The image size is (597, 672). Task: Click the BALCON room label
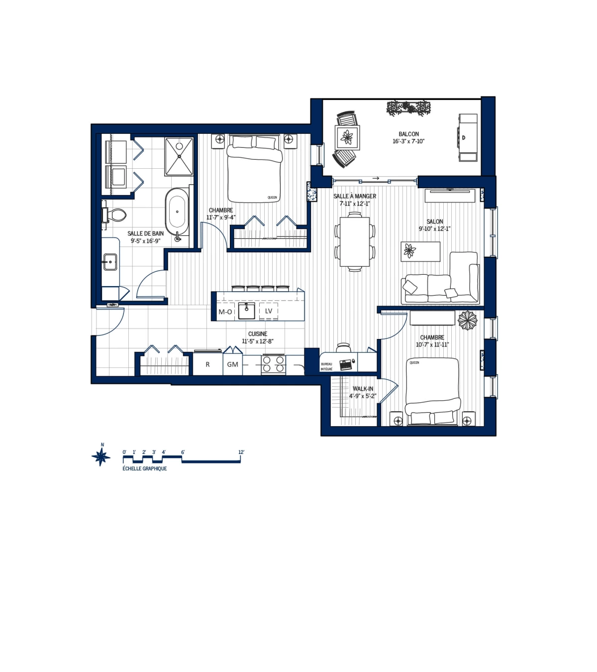tap(408, 134)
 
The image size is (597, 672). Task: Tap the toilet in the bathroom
tap(115, 215)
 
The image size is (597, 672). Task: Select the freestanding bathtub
tap(177, 212)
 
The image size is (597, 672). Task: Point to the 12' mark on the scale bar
tap(241, 452)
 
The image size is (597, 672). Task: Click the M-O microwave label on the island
tap(225, 312)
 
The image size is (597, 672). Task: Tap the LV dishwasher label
tap(269, 311)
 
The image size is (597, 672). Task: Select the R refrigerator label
tap(207, 365)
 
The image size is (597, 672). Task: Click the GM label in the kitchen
tap(232, 365)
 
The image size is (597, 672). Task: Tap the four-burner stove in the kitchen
tap(274, 364)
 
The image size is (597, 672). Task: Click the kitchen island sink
tap(246, 311)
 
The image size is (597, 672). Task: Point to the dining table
tap(355, 241)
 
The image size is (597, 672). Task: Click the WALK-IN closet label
tap(363, 389)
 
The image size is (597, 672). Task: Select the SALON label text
tap(434, 222)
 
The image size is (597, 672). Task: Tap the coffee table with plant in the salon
tap(420, 251)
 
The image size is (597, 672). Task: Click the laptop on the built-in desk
tap(345, 364)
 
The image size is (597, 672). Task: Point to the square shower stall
tap(179, 156)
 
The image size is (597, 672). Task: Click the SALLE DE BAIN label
tap(145, 233)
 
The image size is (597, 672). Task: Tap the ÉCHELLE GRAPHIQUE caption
tap(145, 469)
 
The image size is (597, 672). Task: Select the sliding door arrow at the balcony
tap(376, 178)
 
